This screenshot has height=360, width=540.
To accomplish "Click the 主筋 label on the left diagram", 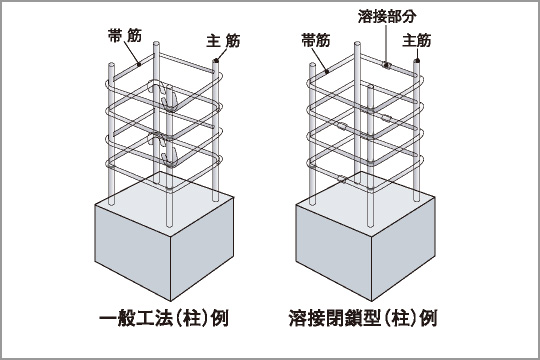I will tap(222, 41).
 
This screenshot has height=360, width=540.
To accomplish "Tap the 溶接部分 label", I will tap(383, 17).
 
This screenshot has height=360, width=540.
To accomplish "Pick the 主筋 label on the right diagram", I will tap(417, 41).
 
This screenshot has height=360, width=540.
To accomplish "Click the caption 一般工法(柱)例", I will tap(162, 320).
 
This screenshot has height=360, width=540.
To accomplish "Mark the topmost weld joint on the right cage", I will tap(385, 66).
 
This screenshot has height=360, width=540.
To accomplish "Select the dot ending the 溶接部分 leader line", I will tap(385, 66).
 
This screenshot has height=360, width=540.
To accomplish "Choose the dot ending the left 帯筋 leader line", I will tap(136, 61).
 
